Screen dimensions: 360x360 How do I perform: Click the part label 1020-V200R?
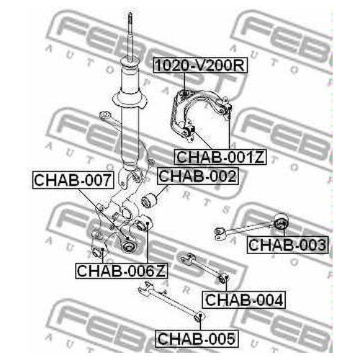(x=200, y=65)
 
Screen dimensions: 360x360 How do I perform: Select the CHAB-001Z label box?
(x=220, y=157)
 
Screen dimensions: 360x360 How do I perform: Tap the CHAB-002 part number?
(x=197, y=176)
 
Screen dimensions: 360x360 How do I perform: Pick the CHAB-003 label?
(x=287, y=245)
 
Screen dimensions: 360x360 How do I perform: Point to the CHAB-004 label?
(x=244, y=300)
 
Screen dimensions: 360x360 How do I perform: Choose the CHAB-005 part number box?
(x=197, y=338)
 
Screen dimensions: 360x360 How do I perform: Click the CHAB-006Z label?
(x=121, y=271)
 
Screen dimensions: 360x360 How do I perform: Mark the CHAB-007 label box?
(x=73, y=180)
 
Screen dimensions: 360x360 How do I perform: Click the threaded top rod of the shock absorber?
(x=130, y=37)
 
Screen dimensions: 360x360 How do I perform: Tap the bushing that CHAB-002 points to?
(x=149, y=201)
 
